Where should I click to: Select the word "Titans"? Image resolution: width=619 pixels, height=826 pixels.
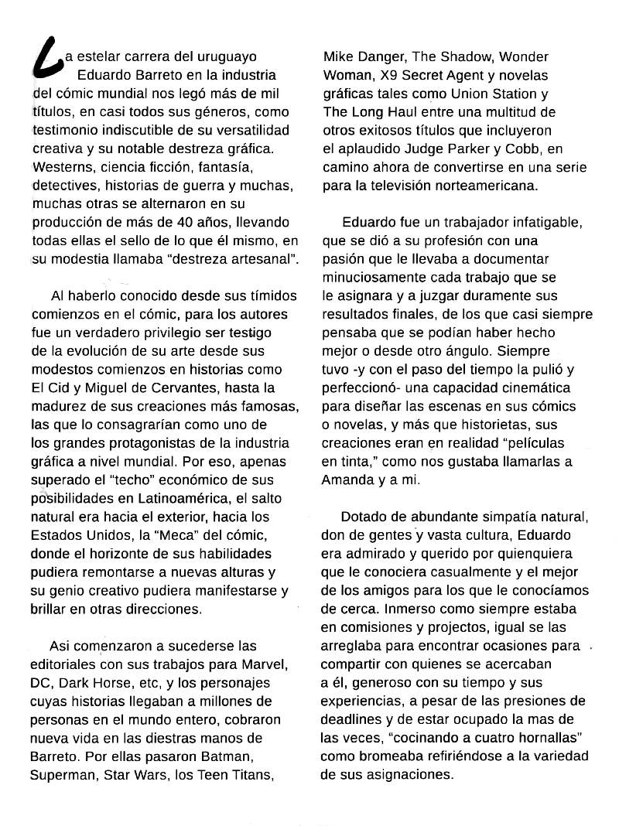(254, 774)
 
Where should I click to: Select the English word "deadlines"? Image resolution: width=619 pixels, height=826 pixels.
(354, 718)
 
